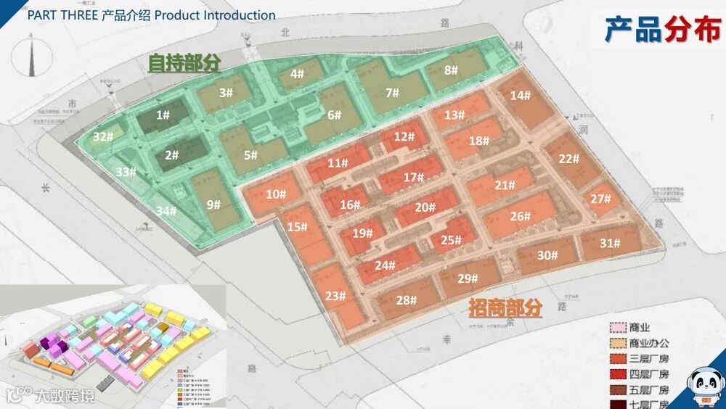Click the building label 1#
point(163,115)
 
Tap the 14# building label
point(520,95)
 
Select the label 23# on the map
point(335,295)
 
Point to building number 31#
point(610,243)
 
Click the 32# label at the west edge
point(103,136)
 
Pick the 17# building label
point(414,177)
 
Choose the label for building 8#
point(451,70)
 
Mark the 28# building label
point(407,299)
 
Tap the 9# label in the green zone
point(213,204)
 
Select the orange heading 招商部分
point(505,309)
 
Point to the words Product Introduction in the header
point(215,15)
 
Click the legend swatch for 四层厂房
point(617,374)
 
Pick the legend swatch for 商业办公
point(617,343)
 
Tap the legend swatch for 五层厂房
point(617,389)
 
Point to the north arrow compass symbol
point(33,57)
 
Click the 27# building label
point(600,199)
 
